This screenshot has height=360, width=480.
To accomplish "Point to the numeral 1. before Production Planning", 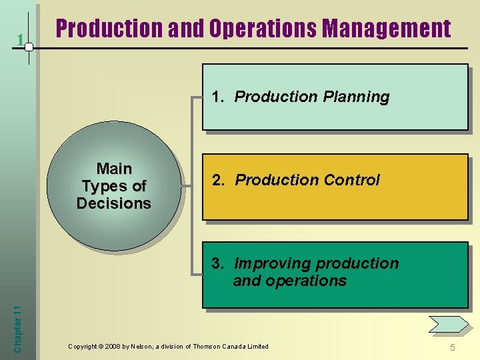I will coord(218,97).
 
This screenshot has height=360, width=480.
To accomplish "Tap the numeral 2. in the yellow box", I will coord(218,180).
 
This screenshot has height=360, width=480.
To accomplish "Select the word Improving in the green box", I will coord(267,263).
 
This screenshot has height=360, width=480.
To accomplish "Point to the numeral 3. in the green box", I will coord(218,263).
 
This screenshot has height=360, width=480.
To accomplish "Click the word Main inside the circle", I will coord(114,169).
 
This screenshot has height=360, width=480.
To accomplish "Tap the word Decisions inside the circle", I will coord(114,203).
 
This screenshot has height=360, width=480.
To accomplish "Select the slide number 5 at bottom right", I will coord(452,347).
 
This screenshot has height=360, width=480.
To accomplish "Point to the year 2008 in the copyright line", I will coord(121,346).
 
